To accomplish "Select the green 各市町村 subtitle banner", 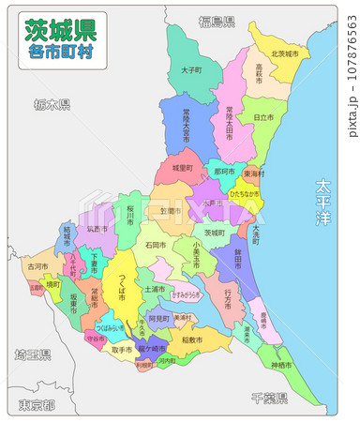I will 60,53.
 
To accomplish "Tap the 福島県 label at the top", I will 217,21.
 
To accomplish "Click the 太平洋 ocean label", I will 323,201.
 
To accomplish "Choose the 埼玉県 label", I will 33,355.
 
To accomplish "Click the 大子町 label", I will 191,70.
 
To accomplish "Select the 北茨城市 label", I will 284,54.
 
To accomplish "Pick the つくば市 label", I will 122,282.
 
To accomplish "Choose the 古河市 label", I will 37,266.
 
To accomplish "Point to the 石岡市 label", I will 156,245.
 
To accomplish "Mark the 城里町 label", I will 182,168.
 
